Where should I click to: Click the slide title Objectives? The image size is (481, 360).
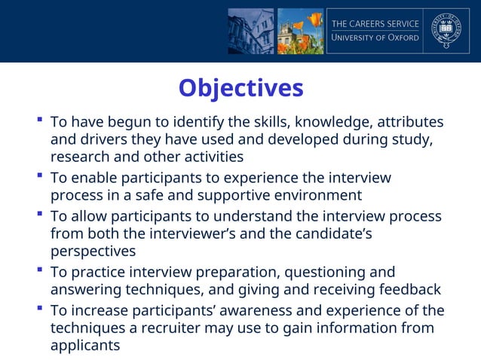pyautogui.click(x=240, y=88)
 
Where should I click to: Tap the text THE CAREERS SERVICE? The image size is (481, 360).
pyautogui.click(x=375, y=23)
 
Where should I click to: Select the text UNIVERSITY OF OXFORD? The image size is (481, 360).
pyautogui.click(x=375, y=38)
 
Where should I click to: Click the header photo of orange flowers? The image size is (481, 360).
pyautogui.click(x=300, y=31)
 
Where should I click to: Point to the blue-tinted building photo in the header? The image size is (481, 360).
pyautogui.click(x=250, y=31)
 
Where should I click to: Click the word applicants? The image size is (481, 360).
pyautogui.click(x=84, y=346)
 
